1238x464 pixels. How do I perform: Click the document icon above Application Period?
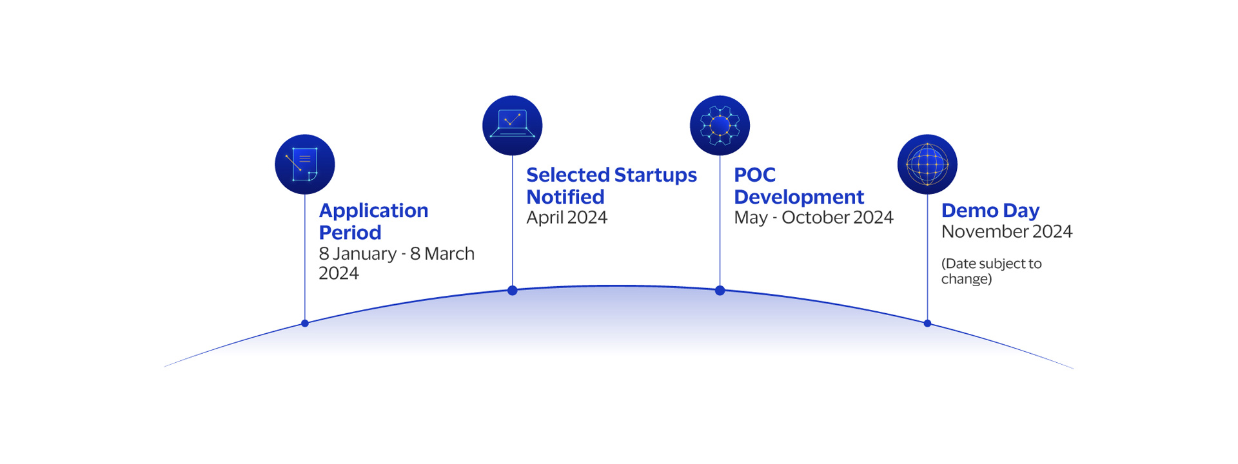coord(304,164)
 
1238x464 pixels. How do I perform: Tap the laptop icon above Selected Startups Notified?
coord(512,126)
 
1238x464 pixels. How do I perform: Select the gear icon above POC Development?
coord(720,126)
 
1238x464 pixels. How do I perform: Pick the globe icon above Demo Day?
coord(927,164)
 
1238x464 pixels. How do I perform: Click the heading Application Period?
coord(373,221)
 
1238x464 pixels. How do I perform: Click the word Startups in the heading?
coord(655,175)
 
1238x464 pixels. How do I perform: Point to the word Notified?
coord(565,197)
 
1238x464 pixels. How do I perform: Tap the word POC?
coord(754,175)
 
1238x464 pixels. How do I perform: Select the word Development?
coord(798,197)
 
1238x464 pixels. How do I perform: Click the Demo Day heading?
coord(990,210)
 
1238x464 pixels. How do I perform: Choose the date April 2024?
coord(566,218)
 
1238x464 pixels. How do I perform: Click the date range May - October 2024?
coord(813,218)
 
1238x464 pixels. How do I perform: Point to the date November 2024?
coord(1007,231)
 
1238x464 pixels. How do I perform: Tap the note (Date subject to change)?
coord(991,271)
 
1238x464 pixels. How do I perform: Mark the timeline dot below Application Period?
coord(305,324)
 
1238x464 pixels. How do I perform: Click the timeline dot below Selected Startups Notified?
coord(513,291)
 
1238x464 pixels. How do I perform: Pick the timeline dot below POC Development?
coord(720,291)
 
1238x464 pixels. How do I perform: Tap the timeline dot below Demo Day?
coord(927,324)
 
